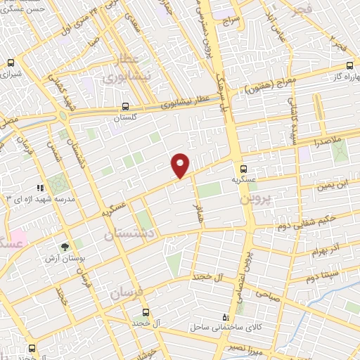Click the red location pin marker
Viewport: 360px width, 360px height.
pos(181,164)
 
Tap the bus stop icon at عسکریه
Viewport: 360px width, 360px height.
pos(244,169)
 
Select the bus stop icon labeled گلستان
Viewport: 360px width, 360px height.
pos(125,108)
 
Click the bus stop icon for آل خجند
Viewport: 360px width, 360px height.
pos(146,311)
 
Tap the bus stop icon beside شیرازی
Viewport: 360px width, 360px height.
pos(10,63)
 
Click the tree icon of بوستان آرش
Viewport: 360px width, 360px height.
pos(65,247)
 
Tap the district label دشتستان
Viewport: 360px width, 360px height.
pos(128,235)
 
